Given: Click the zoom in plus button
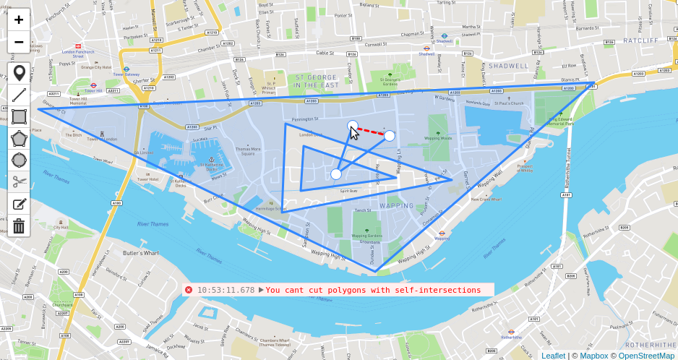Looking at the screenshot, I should pyautogui.click(x=19, y=20).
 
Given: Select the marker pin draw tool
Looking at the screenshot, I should pyautogui.click(x=19, y=73).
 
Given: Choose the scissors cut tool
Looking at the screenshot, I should pyautogui.click(x=19, y=181).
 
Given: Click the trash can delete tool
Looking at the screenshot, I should pyautogui.click(x=19, y=226).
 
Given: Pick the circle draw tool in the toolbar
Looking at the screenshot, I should pyautogui.click(x=19, y=160).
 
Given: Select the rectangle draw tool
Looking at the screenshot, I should pyautogui.click(x=19, y=116).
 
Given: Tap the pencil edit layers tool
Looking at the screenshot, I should pyautogui.click(x=19, y=204).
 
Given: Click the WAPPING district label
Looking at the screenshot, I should pyautogui.click(x=397, y=206).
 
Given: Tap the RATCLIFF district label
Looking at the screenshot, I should pyautogui.click(x=640, y=40).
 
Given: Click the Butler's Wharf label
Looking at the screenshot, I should pyautogui.click(x=140, y=253).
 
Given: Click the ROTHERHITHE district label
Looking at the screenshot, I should pyautogui.click(x=650, y=345).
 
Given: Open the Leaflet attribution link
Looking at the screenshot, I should pyautogui.click(x=553, y=355).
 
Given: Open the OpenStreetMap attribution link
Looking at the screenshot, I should pyautogui.click(x=646, y=355).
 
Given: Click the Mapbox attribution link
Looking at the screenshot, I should pyautogui.click(x=593, y=355).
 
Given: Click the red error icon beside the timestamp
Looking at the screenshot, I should pyautogui.click(x=189, y=290).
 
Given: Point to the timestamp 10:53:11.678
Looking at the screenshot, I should pyautogui.click(x=226, y=290).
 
